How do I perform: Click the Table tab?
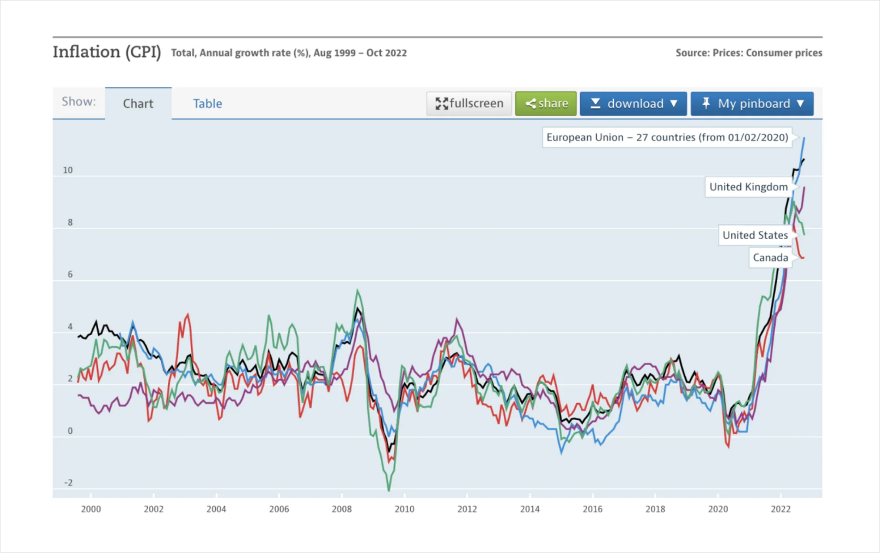(207, 103)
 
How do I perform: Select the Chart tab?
(138, 103)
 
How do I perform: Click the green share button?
(546, 103)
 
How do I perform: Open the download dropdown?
(633, 103)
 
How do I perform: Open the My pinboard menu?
(752, 103)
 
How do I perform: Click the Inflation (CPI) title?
(107, 52)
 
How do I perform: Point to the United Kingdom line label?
(748, 187)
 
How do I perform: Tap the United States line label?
(755, 235)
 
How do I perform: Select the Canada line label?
(770, 258)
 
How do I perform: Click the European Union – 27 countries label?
(667, 137)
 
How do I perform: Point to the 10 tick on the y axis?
(68, 170)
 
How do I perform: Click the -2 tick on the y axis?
(69, 483)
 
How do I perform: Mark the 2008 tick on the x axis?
(342, 509)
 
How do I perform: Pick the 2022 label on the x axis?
(781, 509)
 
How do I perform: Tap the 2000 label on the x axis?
(91, 509)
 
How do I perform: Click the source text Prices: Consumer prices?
(767, 53)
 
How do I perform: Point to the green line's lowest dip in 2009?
(389, 491)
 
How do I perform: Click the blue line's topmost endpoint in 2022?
(804, 138)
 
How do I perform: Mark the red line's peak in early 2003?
(188, 315)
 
